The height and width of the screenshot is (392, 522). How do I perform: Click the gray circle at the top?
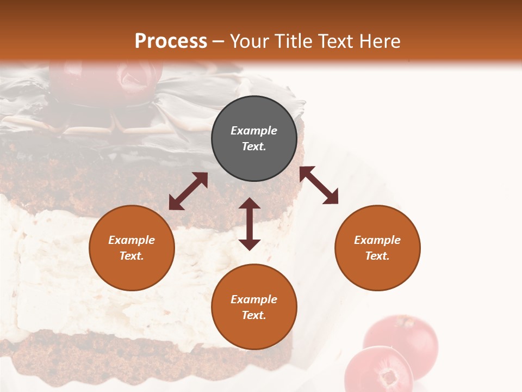click(x=254, y=139)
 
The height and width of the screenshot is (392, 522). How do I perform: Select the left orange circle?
click(x=132, y=248)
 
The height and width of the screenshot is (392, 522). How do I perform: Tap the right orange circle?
click(x=377, y=248)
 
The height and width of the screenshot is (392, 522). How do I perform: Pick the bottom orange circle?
click(x=254, y=307)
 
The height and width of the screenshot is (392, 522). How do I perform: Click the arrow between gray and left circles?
click(x=188, y=191)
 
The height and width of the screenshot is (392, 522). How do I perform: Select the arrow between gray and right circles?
click(x=319, y=185)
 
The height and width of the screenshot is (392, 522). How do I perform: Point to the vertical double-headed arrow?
click(x=250, y=224)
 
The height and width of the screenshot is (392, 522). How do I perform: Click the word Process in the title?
click(x=171, y=41)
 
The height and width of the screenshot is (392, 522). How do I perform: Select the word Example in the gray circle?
click(x=254, y=131)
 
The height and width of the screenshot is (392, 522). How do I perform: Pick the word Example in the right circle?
click(x=377, y=240)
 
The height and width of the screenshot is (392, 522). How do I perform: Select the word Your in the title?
click(x=250, y=41)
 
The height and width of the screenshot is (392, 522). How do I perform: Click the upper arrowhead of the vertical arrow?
click(x=250, y=204)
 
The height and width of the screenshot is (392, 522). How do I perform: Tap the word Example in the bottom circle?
click(x=254, y=299)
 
